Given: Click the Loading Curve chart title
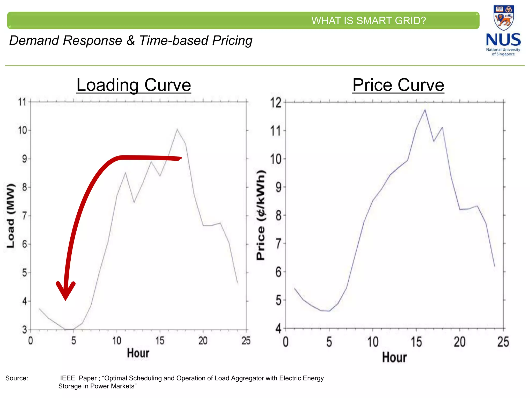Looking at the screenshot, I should click(134, 85).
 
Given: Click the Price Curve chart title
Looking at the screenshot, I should click(398, 85).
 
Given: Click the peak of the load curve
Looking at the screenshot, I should click(177, 129).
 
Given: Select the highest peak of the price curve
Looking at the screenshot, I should click(425, 110).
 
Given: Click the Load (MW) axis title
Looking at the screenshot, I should click(11, 216).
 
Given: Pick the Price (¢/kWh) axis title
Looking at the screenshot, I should click(261, 215).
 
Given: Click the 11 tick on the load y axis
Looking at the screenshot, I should click(22, 102).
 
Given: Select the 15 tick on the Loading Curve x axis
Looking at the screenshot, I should click(160, 340).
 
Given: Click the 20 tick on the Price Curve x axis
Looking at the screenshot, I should click(460, 342).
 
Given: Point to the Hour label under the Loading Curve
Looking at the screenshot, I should click(138, 353).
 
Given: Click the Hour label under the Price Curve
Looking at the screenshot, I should click(394, 357).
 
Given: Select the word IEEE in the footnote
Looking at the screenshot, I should click(68, 378).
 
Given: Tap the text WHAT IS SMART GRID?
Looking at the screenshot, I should click(369, 21).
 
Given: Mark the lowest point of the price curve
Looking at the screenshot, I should click(329, 311).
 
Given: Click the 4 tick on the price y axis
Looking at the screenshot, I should click(278, 329).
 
